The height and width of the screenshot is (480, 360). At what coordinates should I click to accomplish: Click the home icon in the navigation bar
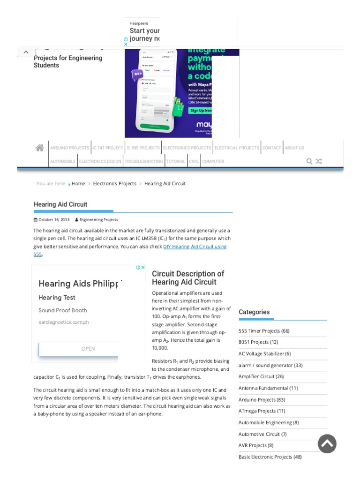point(40,148)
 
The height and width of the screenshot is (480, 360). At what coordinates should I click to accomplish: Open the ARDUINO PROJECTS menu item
point(69,148)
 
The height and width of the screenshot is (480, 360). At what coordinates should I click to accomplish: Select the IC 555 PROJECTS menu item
point(143,148)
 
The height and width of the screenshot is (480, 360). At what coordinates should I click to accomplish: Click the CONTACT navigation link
point(271,148)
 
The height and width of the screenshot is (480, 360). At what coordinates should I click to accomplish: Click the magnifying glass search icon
point(309,161)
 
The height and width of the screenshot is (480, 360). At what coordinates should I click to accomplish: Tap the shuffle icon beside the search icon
point(319,161)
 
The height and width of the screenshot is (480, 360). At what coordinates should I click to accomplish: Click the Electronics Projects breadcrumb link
point(114,184)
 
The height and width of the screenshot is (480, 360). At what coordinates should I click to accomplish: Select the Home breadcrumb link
point(78,184)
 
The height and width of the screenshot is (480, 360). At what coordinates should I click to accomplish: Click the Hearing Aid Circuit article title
point(60,204)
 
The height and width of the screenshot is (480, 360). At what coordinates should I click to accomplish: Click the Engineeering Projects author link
point(98,219)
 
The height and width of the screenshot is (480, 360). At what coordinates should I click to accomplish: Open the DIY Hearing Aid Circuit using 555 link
point(195,247)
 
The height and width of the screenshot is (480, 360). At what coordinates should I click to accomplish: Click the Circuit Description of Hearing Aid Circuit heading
point(188,278)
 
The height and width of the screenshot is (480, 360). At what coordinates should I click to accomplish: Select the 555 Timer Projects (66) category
point(264,331)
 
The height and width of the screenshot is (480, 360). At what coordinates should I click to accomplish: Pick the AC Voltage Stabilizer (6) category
point(264,354)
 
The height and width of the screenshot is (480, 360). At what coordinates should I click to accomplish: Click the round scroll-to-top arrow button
point(327,443)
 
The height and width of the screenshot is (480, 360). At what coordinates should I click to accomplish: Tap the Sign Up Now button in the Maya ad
point(200,111)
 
